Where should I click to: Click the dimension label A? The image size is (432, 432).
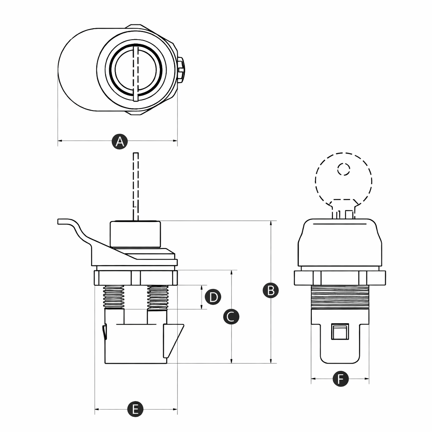pyautogui.click(x=119, y=142)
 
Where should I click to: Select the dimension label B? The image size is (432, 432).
pyautogui.click(x=270, y=290)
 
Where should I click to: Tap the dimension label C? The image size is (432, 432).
pyautogui.click(x=231, y=316)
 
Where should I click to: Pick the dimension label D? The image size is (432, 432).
pyautogui.click(x=213, y=297)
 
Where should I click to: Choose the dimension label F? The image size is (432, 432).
pyautogui.click(x=340, y=379)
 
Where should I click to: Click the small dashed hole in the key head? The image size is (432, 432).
pyautogui.click(x=343, y=169)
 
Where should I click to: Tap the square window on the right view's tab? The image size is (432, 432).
pyautogui.click(x=340, y=332)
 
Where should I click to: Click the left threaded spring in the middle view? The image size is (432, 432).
pyautogui.click(x=113, y=297)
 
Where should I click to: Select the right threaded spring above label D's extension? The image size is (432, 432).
pyautogui.click(x=158, y=297)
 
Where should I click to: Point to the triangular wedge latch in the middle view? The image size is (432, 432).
pyautogui.click(x=173, y=341)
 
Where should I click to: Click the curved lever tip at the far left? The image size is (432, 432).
pyautogui.click(x=59, y=222)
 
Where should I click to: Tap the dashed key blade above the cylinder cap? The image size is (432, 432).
pyautogui.click(x=135, y=186)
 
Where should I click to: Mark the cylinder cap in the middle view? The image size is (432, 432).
pyautogui.click(x=135, y=234)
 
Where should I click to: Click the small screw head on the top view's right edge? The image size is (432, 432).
pyautogui.click(x=181, y=70)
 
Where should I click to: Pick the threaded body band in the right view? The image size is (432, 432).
pyautogui.click(x=340, y=297)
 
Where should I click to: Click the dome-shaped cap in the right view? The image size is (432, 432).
pyautogui.click(x=340, y=243)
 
